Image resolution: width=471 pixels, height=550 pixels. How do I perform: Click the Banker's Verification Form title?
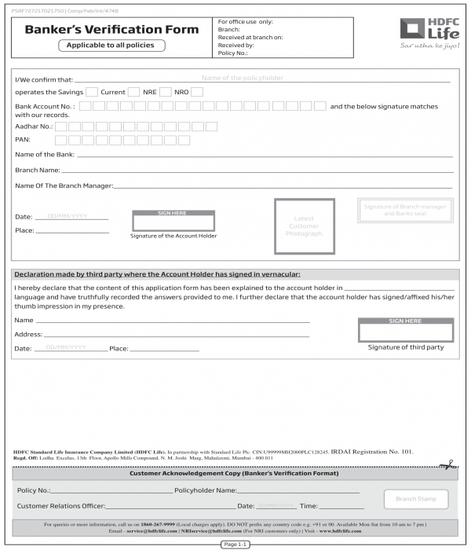[x=111, y=29]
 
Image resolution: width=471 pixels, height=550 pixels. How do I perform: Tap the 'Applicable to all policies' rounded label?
[x=111, y=46]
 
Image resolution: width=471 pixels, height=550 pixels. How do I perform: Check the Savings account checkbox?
[x=92, y=92]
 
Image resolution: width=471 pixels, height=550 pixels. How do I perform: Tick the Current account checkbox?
[x=134, y=92]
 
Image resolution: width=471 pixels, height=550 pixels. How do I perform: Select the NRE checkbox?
[x=166, y=92]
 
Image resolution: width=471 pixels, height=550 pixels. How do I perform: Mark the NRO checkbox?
[x=197, y=92]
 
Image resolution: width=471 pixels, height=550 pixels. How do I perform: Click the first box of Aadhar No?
[x=60, y=126]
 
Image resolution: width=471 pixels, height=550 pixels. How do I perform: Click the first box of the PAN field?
[x=60, y=140]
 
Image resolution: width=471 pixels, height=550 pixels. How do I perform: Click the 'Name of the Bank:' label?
[x=44, y=155]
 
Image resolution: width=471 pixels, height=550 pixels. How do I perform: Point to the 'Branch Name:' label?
[x=38, y=170]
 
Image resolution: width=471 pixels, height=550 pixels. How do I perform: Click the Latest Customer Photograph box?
[x=304, y=226]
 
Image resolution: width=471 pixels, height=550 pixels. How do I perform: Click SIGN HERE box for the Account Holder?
[x=173, y=220]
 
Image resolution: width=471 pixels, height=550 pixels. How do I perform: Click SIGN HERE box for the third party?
[x=405, y=329]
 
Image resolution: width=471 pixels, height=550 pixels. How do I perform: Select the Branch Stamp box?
[x=416, y=499]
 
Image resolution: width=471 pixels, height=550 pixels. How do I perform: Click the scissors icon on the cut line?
[x=448, y=466]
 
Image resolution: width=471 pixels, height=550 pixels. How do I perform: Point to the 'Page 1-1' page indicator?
[x=235, y=544]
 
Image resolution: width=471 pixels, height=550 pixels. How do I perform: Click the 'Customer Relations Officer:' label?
[x=60, y=506]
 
